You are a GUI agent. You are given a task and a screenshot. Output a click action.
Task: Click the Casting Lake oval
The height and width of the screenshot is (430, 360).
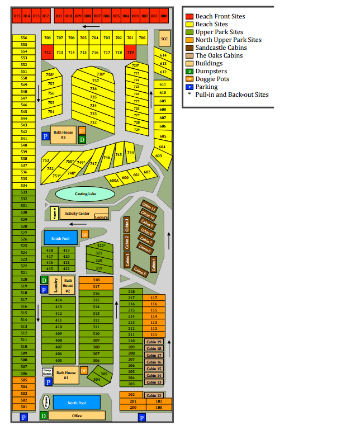(86, 194)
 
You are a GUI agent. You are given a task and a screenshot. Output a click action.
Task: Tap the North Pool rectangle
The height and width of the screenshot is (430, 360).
(77, 403)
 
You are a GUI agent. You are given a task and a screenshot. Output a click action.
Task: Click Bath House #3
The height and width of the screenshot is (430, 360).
(63, 135)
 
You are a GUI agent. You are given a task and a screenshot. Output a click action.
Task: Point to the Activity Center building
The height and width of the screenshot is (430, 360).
(77, 213)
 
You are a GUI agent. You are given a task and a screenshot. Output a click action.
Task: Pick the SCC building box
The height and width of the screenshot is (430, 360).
(164, 39)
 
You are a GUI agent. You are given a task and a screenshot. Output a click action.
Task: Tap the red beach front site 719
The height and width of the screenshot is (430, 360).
(131, 52)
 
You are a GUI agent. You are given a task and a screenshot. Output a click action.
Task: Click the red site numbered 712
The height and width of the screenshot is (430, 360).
(47, 52)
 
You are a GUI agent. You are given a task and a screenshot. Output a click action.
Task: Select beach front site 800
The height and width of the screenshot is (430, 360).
(164, 16)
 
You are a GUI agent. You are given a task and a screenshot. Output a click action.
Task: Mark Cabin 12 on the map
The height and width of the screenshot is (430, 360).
(154, 395)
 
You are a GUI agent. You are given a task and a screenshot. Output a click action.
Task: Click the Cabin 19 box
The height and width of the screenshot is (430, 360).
(154, 342)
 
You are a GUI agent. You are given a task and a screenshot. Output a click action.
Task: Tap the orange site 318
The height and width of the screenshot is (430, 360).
(96, 280)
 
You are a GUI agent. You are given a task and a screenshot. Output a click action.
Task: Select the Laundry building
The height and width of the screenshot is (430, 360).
(56, 286)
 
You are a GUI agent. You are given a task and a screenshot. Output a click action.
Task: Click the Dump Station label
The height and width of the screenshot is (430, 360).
(47, 372)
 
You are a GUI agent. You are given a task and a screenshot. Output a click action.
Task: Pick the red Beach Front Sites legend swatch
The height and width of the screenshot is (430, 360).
(190, 17)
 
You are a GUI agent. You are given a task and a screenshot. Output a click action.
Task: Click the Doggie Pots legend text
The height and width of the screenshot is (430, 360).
(212, 79)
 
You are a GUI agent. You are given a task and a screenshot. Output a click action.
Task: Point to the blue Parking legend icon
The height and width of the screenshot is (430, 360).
(190, 87)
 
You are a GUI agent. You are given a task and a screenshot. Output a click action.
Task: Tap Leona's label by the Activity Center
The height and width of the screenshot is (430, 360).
(101, 216)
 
